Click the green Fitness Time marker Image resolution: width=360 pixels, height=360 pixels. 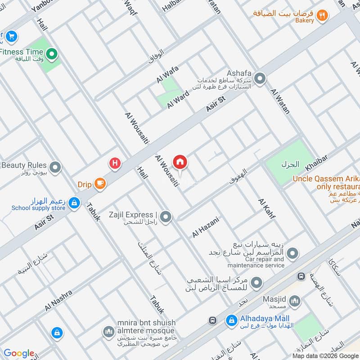(x=52, y=55)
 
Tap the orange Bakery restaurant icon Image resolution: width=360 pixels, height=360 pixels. (x=322, y=15)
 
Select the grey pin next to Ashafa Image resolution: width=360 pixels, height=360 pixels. (x=259, y=80)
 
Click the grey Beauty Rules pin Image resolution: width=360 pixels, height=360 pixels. (x=55, y=168)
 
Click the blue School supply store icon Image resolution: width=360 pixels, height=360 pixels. (x=74, y=204)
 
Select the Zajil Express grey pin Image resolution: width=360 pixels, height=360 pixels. (x=166, y=217)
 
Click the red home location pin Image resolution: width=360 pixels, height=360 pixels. (x=180, y=162)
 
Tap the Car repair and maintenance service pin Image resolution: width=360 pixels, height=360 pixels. (x=292, y=254)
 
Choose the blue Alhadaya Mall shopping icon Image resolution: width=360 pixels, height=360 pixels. (x=231, y=320)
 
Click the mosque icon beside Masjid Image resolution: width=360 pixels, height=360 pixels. (x=294, y=301)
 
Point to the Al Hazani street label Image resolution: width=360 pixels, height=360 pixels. (x=205, y=227)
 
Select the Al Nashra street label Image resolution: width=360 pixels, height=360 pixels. (x=58, y=301)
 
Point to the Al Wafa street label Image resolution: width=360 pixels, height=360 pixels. (x=167, y=74)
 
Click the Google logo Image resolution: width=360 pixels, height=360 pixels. (x=19, y=353)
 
